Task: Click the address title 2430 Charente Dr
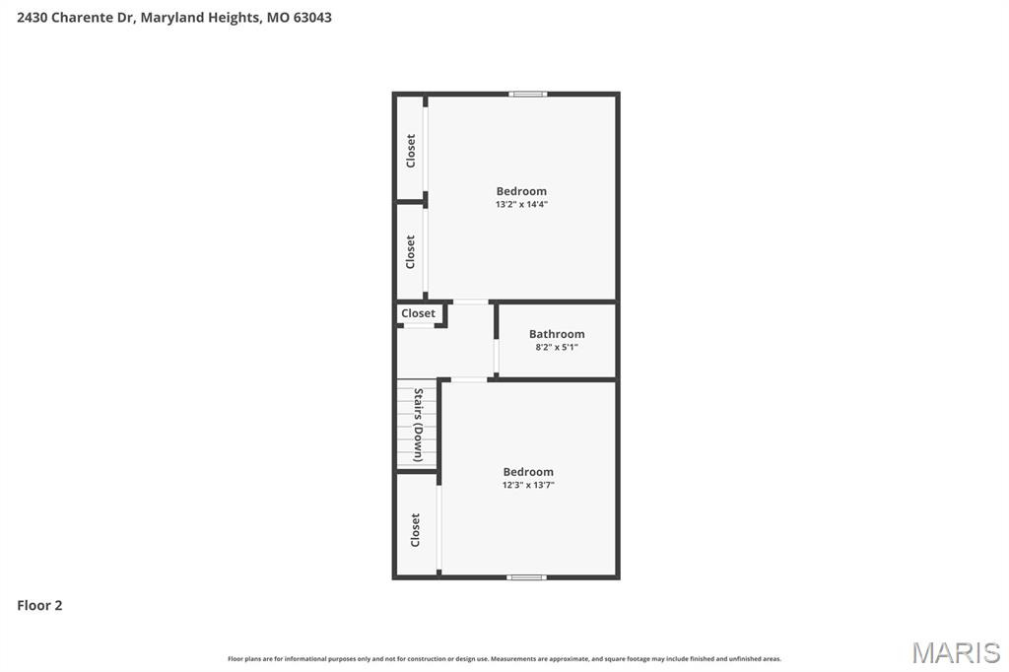(x=173, y=17)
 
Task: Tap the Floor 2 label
(x=39, y=605)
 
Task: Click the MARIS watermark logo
(x=955, y=651)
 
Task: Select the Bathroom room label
(x=557, y=334)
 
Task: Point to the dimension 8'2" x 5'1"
(x=557, y=347)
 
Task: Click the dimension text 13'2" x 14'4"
(x=521, y=204)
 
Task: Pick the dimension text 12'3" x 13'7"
(x=528, y=485)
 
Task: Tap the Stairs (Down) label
(x=418, y=426)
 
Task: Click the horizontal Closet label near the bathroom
(x=418, y=313)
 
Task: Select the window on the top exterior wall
(x=528, y=94)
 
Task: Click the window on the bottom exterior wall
(x=526, y=576)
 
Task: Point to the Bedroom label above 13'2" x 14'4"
(x=521, y=191)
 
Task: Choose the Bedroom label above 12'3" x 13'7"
(x=528, y=472)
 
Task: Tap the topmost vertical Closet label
(x=411, y=150)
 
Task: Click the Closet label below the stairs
(x=415, y=529)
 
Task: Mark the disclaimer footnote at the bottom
(x=504, y=658)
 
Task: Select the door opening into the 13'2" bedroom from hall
(x=470, y=302)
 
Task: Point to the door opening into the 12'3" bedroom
(x=469, y=379)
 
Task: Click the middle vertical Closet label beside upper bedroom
(x=411, y=251)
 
